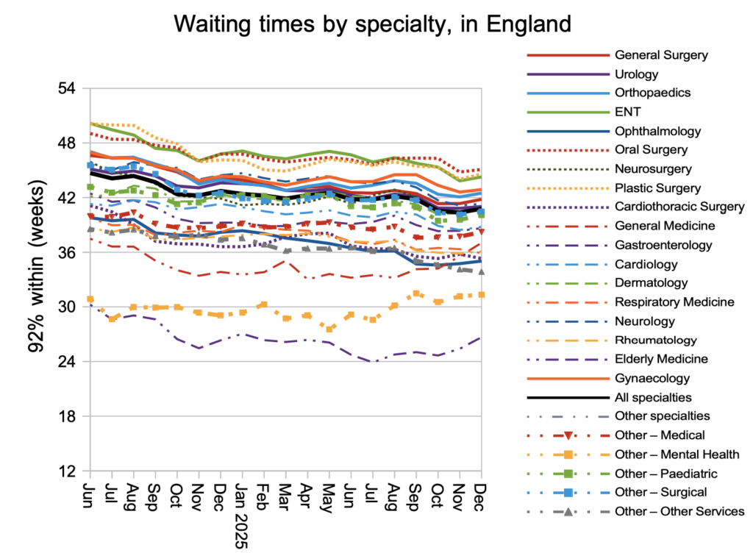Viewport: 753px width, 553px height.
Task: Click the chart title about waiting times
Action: (372, 25)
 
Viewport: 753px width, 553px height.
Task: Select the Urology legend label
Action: (636, 74)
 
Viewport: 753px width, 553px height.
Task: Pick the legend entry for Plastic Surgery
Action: (658, 188)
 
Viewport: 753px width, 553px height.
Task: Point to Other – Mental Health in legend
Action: (677, 454)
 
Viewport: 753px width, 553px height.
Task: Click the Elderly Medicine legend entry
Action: (661, 359)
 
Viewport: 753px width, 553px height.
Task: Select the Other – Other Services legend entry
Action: (679, 511)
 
